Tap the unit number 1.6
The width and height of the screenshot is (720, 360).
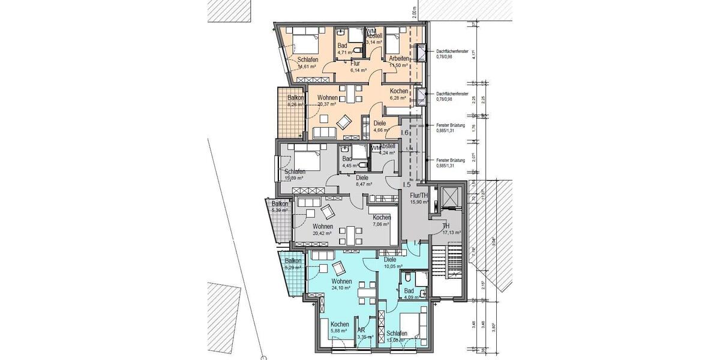(x=404, y=133)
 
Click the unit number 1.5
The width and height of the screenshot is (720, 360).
(x=407, y=184)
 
